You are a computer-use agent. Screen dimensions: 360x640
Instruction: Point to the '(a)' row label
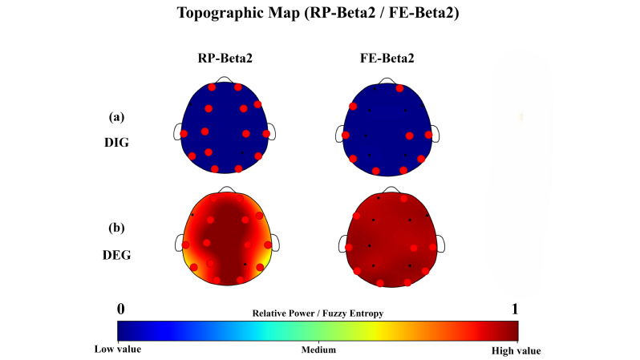tap(117, 116)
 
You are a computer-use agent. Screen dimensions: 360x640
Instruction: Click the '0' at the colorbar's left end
tap(120, 309)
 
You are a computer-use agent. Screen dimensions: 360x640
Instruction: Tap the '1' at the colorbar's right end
tap(514, 309)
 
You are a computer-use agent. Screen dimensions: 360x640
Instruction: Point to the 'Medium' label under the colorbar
tap(318, 350)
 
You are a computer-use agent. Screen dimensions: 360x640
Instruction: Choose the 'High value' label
tap(516, 350)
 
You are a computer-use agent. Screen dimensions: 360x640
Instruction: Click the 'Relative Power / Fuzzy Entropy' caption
tap(318, 313)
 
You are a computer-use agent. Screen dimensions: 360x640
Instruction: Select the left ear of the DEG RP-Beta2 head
tap(178, 242)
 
